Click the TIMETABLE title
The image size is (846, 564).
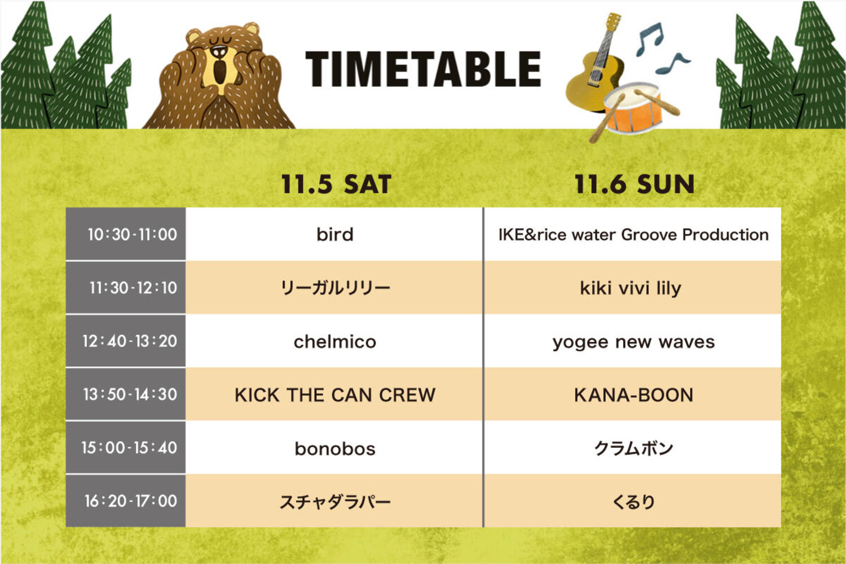(x=424, y=69)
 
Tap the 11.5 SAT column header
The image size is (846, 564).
(x=336, y=184)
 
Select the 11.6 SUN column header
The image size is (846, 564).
(x=634, y=184)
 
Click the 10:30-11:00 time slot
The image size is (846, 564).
(x=132, y=234)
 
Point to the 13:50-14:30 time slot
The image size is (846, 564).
(x=130, y=394)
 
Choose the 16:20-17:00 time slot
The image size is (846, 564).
(x=131, y=501)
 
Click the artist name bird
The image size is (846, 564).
(x=335, y=234)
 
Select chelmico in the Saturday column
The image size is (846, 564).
(x=335, y=341)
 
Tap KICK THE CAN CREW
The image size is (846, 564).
(x=335, y=395)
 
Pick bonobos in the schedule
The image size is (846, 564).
(x=335, y=449)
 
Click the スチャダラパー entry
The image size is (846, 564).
(x=335, y=502)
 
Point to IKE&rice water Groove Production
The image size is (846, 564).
(x=633, y=235)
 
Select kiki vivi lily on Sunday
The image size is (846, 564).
(x=631, y=289)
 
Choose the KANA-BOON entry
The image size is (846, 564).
(x=633, y=395)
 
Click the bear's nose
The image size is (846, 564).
(x=219, y=51)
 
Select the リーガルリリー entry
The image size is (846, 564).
(x=335, y=288)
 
